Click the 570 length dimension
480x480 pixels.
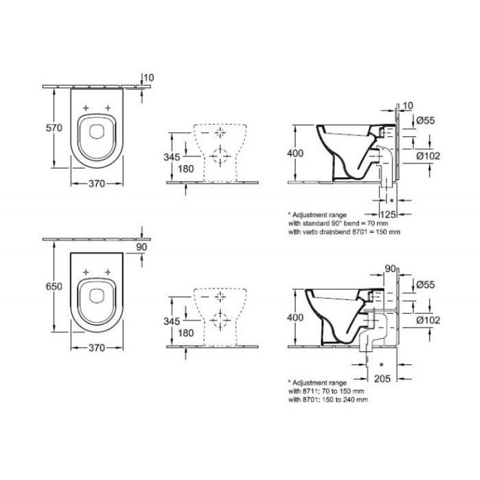tap(54, 128)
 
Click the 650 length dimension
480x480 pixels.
tap(54, 286)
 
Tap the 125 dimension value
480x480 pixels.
tap(388, 214)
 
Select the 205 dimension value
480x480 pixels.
tap(382, 379)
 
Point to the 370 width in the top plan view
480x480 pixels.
tap(97, 184)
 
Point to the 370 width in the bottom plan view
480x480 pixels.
tap(97, 347)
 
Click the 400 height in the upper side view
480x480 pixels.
tap(295, 153)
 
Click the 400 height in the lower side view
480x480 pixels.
tap(295, 317)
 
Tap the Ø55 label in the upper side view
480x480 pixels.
tap(425, 121)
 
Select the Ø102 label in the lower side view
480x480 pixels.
tap(428, 320)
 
